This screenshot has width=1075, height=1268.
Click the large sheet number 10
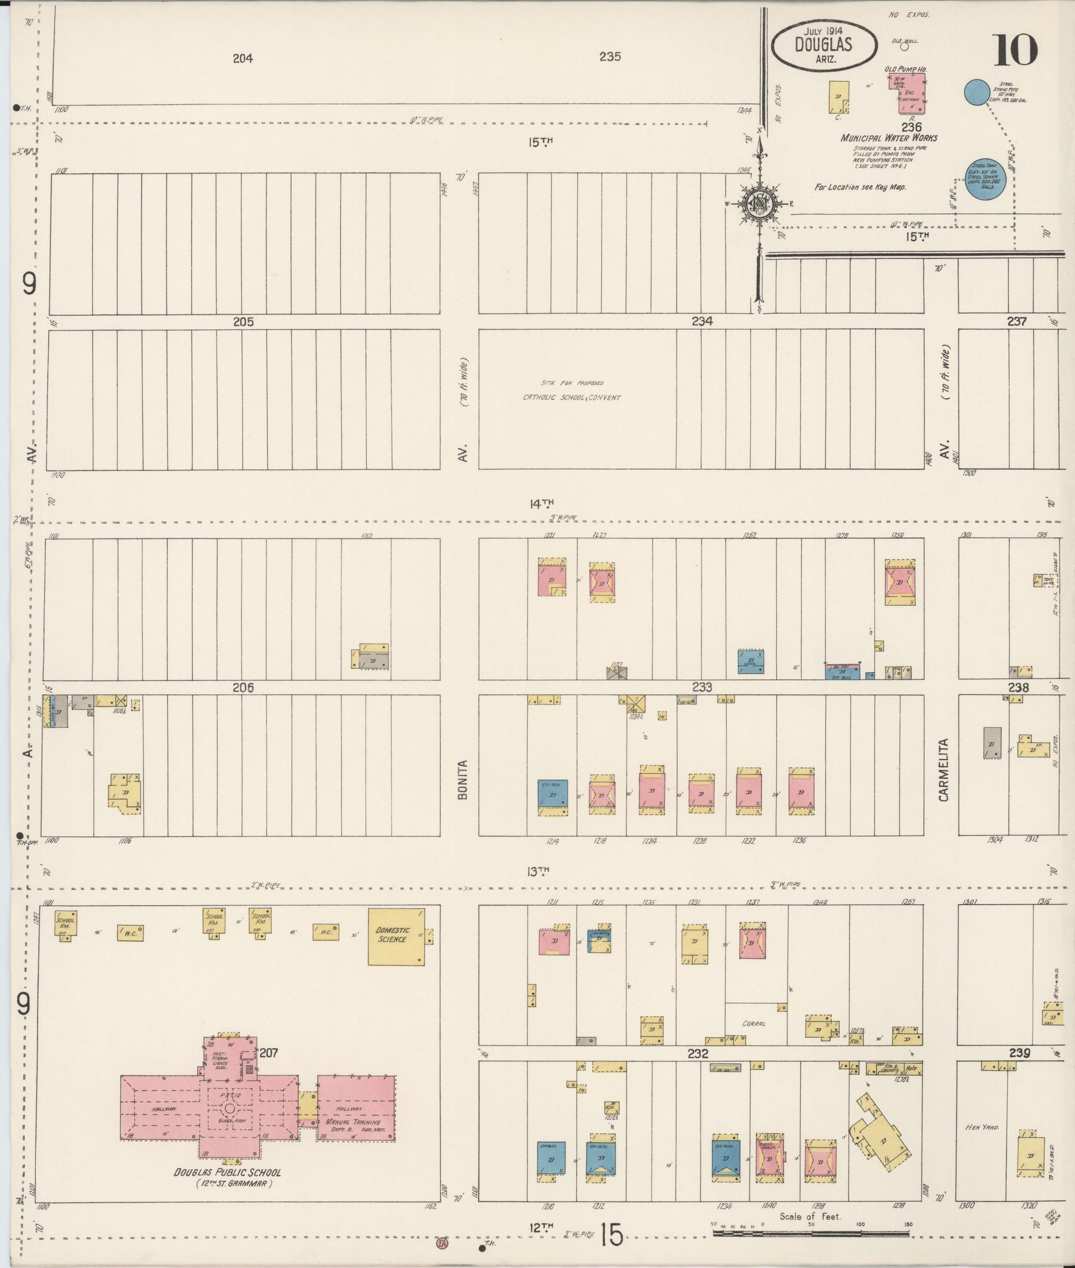[1016, 51]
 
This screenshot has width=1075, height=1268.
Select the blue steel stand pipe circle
[976, 92]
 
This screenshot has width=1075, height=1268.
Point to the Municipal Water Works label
[888, 138]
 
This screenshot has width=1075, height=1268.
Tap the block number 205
[243, 322]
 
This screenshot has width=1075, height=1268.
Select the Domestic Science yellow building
[396, 937]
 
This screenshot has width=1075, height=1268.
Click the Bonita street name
[462, 779]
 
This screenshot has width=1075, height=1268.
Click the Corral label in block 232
[753, 1024]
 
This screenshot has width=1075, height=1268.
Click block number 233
[702, 686]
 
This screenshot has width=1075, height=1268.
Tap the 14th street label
[541, 503]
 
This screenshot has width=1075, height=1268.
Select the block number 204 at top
[243, 59]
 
